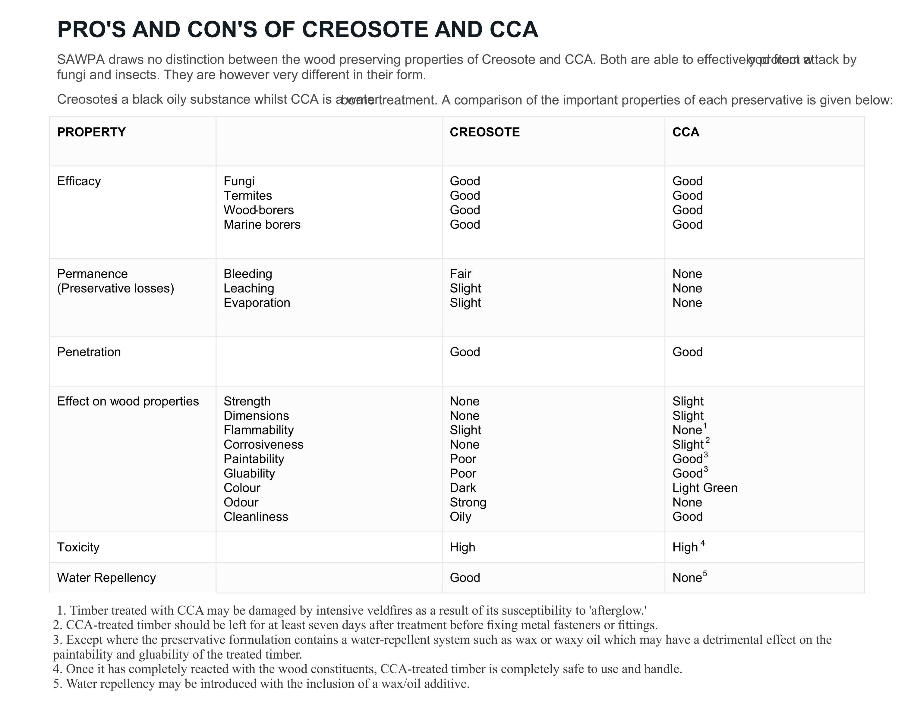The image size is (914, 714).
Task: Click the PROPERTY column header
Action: pyautogui.click(x=91, y=132)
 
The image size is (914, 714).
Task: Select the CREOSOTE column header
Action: pyautogui.click(x=485, y=132)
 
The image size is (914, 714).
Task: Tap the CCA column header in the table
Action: pyautogui.click(x=685, y=132)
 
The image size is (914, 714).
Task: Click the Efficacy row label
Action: pyautogui.click(x=79, y=181)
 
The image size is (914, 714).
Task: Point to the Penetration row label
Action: pyautogui.click(x=89, y=352)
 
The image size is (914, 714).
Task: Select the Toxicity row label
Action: pyautogui.click(x=78, y=547)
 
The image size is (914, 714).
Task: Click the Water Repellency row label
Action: pyautogui.click(x=106, y=578)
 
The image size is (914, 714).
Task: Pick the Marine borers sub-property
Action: pyautogui.click(x=262, y=225)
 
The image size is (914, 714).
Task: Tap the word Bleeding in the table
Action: pyautogui.click(x=248, y=274)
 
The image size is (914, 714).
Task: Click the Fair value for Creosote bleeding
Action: pyautogui.click(x=460, y=274)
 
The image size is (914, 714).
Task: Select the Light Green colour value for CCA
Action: pyautogui.click(x=705, y=488)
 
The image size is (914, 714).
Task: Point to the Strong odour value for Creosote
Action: pyautogui.click(x=468, y=502)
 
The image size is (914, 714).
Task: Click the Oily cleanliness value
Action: pyautogui.click(x=460, y=517)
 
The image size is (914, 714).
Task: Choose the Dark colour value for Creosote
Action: pyautogui.click(x=463, y=488)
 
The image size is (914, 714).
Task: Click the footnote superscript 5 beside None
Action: pyautogui.click(x=705, y=573)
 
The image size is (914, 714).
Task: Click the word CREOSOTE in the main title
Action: pyautogui.click(x=364, y=30)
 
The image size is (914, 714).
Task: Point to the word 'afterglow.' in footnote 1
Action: pyautogui.click(x=618, y=611)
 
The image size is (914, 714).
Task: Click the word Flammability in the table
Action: pyautogui.click(x=259, y=430)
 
